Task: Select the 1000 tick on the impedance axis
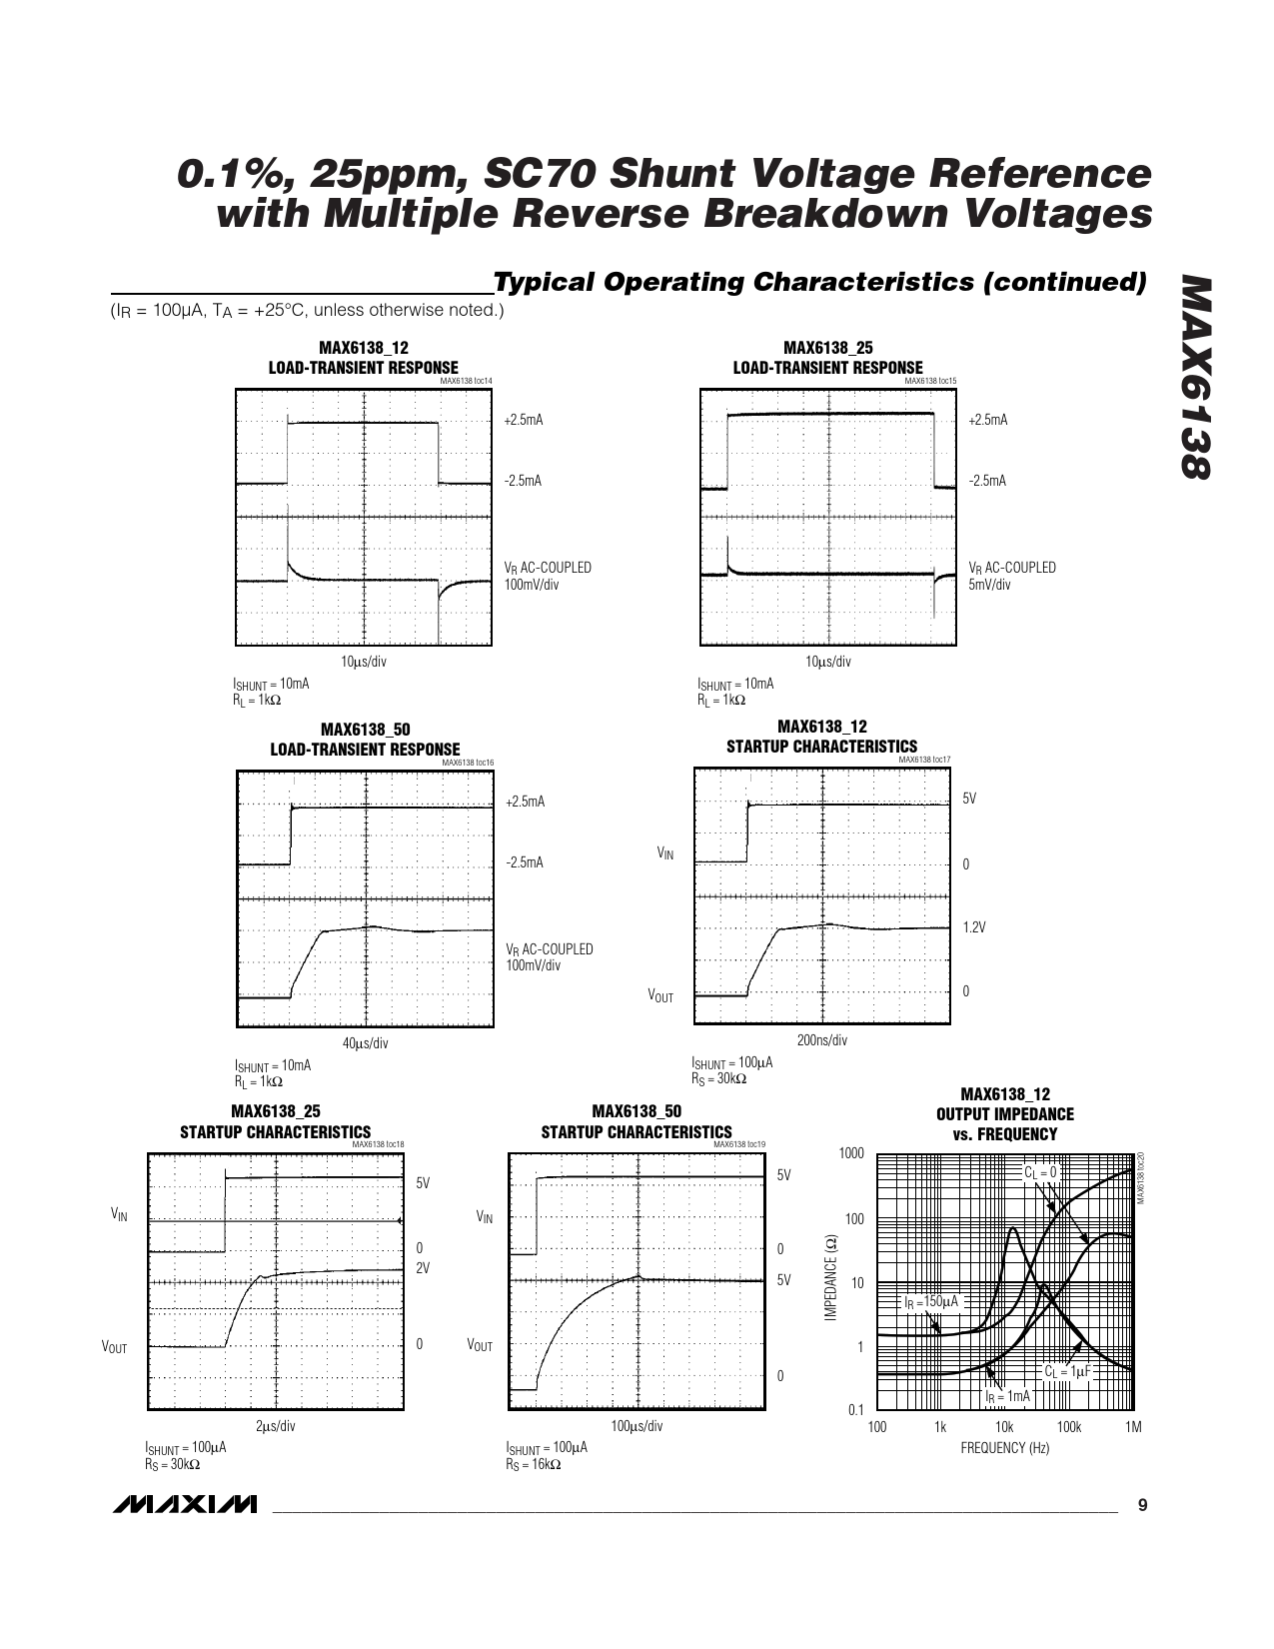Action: [x=851, y=1153]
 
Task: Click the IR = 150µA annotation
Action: [x=930, y=1302]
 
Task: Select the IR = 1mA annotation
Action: [x=1007, y=1396]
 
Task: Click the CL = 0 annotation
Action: [x=1040, y=1171]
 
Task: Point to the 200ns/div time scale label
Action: [x=821, y=1040]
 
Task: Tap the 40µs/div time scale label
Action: [x=365, y=1043]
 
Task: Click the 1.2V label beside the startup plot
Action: [x=974, y=927]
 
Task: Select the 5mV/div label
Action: [x=989, y=585]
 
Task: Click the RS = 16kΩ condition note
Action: [x=533, y=1465]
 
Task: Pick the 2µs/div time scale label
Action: [x=276, y=1426]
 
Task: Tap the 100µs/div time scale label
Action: [x=637, y=1426]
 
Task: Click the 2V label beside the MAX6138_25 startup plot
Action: [x=423, y=1267]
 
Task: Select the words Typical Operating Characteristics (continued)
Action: [x=819, y=283]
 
